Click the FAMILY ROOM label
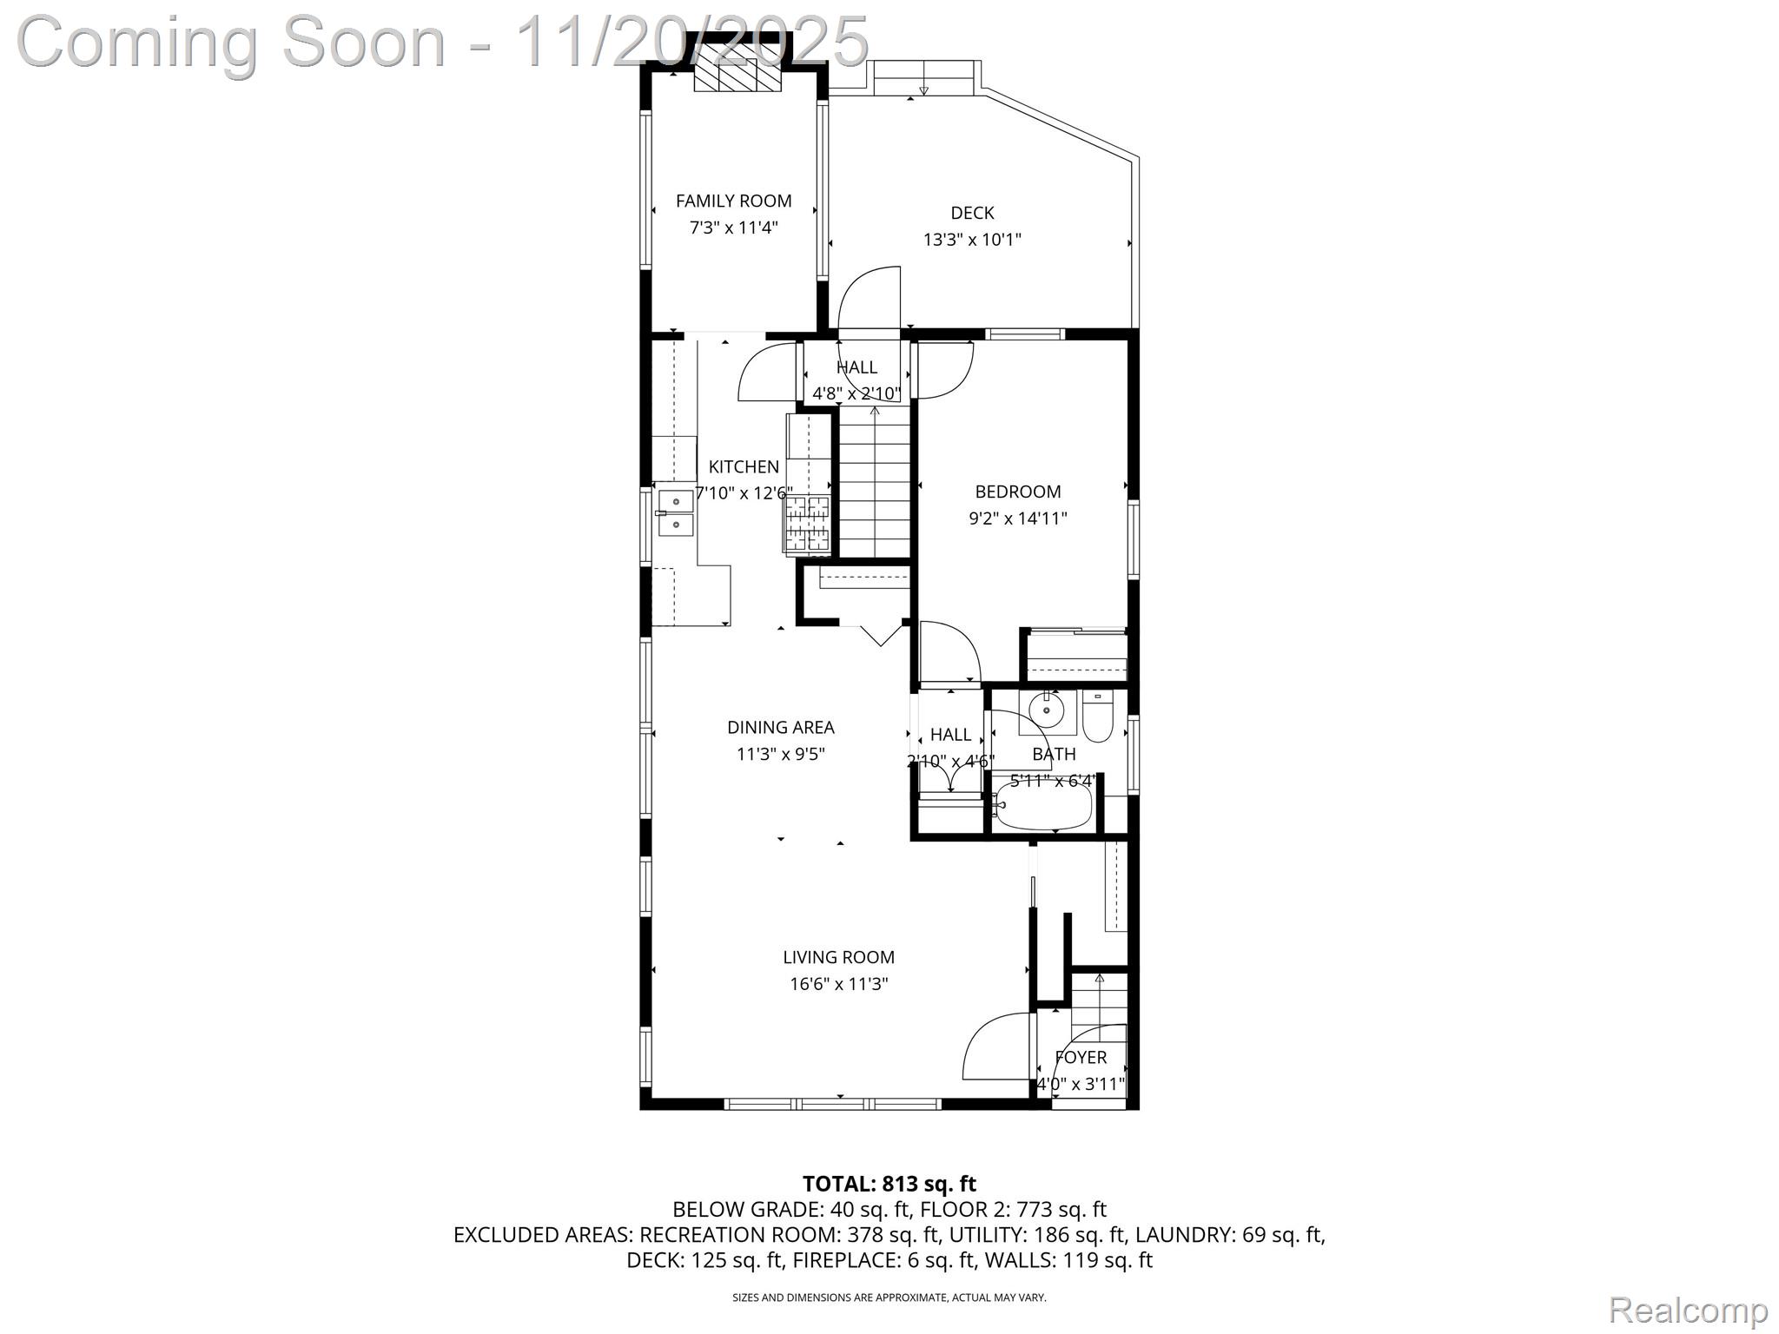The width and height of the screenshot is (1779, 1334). [733, 201]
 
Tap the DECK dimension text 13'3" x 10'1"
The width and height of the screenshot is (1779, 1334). [971, 240]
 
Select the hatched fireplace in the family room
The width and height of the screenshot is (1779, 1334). [737, 68]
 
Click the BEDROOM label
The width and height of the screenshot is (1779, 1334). [1017, 492]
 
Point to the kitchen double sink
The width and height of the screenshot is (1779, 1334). [675, 513]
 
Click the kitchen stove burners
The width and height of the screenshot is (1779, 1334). [808, 524]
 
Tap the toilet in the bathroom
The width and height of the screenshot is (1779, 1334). [1098, 719]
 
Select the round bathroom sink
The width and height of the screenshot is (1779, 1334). [1048, 710]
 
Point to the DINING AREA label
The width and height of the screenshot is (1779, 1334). [780, 728]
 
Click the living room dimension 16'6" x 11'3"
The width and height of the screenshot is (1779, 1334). [838, 984]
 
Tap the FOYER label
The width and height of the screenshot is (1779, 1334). [1081, 1057]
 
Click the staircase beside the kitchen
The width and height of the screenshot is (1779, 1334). [874, 486]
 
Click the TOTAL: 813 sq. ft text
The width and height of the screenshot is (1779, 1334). [889, 1184]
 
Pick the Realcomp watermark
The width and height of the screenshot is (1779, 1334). [1688, 1309]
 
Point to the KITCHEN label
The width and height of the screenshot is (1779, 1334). [744, 466]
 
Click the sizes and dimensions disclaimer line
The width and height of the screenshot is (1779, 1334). [889, 1298]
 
